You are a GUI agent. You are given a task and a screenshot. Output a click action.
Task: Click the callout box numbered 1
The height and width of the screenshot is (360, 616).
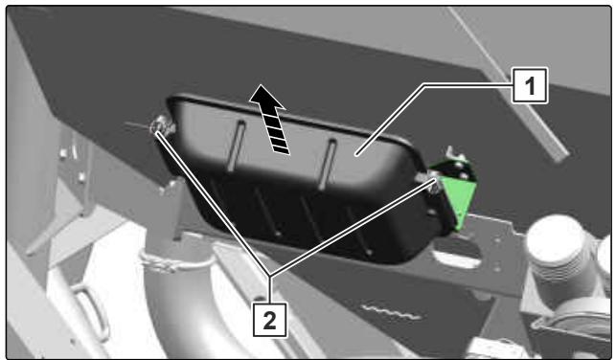tap(530, 85)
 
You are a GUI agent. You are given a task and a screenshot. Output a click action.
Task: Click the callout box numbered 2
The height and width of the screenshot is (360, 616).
tap(270, 320)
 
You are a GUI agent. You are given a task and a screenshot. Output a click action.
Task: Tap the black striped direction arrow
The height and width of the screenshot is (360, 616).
tap(271, 120)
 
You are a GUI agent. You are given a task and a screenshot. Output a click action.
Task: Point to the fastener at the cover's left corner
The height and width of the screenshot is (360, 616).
tap(162, 124)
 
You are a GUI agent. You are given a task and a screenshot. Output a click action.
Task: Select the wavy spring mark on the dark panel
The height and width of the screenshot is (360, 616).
tap(392, 311)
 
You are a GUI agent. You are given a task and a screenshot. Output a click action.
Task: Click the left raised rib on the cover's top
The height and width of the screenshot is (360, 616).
tap(237, 146)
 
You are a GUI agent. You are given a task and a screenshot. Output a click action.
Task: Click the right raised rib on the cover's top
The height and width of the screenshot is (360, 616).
tap(328, 164)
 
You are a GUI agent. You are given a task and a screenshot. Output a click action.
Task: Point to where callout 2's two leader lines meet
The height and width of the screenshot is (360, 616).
tap(269, 275)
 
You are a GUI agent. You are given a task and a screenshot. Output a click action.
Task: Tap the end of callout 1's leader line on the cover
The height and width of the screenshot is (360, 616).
tap(356, 155)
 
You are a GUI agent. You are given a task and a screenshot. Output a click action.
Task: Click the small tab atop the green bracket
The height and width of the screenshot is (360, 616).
tap(456, 154)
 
